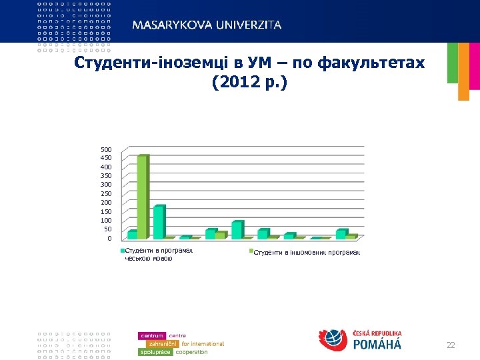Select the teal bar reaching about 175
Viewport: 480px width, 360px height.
(x=159, y=222)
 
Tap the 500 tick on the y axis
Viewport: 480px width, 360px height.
(x=106, y=149)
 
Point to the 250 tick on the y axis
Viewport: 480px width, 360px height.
(x=106, y=193)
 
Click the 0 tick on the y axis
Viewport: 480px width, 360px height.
(x=109, y=238)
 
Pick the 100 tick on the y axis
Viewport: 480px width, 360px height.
(x=106, y=220)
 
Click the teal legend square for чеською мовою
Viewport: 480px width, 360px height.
(x=123, y=251)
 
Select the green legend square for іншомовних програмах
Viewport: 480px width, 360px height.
(x=251, y=252)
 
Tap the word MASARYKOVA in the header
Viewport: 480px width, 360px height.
(x=170, y=25)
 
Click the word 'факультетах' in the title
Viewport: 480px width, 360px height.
(x=371, y=63)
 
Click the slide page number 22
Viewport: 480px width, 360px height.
(x=451, y=345)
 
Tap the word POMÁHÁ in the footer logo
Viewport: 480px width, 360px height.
(x=376, y=345)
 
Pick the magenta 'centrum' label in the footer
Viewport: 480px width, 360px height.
(x=152, y=335)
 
